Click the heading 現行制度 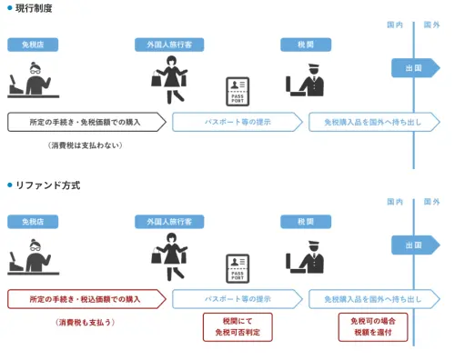click(x=35, y=8)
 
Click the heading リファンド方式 click(x=47, y=185)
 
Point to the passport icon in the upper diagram click(x=238, y=92)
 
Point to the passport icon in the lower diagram click(x=238, y=269)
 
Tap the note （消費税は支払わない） click(x=85, y=145)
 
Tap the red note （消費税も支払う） click(x=85, y=322)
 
